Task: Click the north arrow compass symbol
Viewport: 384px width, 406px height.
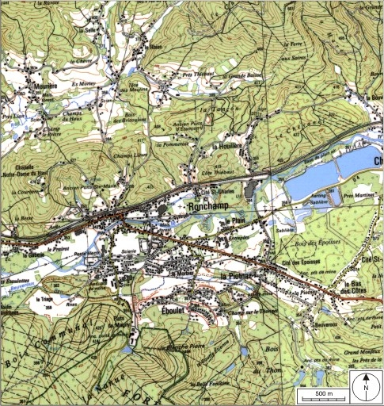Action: point(366,388)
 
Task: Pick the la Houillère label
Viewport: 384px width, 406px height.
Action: point(227,147)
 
